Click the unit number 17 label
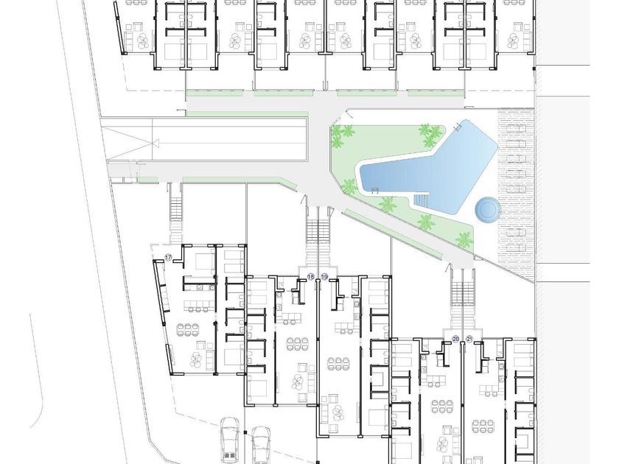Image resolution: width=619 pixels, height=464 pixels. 169,258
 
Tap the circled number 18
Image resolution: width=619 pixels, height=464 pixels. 311,277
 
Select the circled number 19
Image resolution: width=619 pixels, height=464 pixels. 324,277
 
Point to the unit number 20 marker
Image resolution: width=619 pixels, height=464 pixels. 455,339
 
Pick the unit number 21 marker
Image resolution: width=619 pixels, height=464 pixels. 469,339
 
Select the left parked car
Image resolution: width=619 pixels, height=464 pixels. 229,440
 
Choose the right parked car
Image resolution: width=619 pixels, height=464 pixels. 262,445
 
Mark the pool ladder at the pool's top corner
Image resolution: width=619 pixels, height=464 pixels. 458,127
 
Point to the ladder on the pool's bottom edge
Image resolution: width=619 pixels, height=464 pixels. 375,191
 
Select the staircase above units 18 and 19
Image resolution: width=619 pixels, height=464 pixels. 318,242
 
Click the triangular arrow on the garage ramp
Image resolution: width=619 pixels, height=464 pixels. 153,143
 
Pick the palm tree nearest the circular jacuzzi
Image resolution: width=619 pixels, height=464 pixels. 464,239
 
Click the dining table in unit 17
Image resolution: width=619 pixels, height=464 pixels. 187,330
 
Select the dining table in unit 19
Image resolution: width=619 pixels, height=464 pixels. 339,364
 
